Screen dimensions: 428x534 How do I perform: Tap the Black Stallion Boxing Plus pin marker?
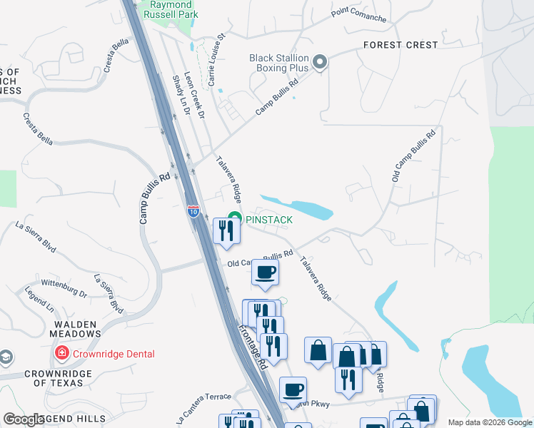pyautogui.click(x=320, y=63)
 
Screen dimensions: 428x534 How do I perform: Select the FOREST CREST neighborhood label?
pyautogui.click(x=400, y=45)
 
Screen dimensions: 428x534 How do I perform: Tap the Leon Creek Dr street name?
pyautogui.click(x=194, y=93)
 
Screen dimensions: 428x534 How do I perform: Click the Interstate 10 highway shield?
pyautogui.click(x=193, y=210)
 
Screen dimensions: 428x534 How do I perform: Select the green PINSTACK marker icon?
pyautogui.click(x=233, y=219)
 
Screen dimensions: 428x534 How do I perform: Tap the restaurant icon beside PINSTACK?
pyautogui.click(x=226, y=231)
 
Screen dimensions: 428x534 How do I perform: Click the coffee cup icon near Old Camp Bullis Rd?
pyautogui.click(x=265, y=272)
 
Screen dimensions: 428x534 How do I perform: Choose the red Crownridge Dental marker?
pyautogui.click(x=62, y=353)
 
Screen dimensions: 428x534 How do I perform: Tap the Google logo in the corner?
pyautogui.click(x=24, y=419)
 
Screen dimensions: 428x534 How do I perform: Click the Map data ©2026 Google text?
pyautogui.click(x=489, y=422)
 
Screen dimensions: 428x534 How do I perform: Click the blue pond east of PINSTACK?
pyautogui.click(x=300, y=207)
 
